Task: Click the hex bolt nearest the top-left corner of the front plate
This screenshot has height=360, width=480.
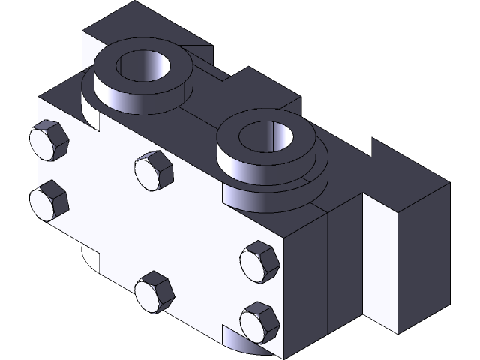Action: (x=49, y=141)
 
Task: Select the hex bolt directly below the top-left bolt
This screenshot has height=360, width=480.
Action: (x=49, y=199)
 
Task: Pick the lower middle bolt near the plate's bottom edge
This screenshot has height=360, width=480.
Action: (x=154, y=291)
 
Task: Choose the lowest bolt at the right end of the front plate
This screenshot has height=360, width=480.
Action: (x=259, y=322)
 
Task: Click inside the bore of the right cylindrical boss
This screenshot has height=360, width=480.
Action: (x=268, y=136)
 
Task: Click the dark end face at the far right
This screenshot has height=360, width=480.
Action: (x=424, y=255)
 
